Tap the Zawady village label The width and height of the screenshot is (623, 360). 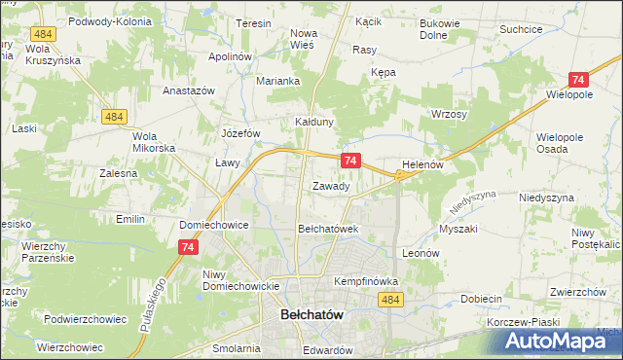(x=330, y=186)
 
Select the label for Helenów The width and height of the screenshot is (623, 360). (x=422, y=165)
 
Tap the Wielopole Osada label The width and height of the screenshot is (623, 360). (x=559, y=143)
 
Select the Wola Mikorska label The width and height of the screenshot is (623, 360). (x=154, y=142)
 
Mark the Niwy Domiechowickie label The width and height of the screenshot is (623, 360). (x=240, y=280)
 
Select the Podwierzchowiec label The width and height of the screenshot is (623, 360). (x=86, y=318)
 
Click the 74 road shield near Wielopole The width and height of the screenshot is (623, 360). (x=578, y=81)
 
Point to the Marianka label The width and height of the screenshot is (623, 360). (x=277, y=82)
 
